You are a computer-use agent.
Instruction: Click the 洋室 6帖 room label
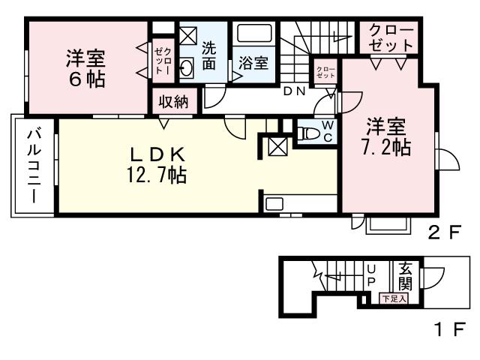click(x=85, y=68)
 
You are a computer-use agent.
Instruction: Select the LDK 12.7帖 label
click(x=157, y=165)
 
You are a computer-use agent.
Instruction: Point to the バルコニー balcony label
click(x=33, y=166)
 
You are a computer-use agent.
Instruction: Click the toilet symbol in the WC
click(x=310, y=133)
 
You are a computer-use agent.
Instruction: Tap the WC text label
click(x=328, y=131)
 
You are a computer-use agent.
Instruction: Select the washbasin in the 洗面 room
click(x=186, y=67)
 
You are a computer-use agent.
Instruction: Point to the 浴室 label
click(x=253, y=63)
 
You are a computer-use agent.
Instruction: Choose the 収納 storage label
click(x=173, y=102)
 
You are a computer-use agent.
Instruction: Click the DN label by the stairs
click(x=295, y=91)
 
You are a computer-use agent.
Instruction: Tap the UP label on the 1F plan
click(x=371, y=275)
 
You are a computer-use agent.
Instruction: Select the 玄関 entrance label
click(x=405, y=277)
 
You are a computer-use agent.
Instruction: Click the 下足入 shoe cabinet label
click(x=395, y=298)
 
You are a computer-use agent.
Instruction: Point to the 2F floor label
click(x=445, y=233)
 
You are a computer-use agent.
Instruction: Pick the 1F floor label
click(x=450, y=329)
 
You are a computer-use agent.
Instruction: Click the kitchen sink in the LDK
click(x=274, y=204)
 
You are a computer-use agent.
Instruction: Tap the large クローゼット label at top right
click(x=391, y=38)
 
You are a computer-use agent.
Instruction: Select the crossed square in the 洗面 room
click(x=188, y=36)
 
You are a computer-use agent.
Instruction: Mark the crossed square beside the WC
click(x=277, y=146)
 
